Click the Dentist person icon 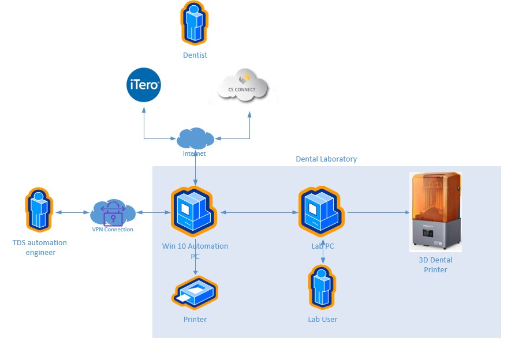click(x=195, y=24)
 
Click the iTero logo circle click(x=143, y=85)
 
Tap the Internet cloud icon click(x=195, y=138)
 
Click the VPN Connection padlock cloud click(x=113, y=213)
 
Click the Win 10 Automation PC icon click(x=196, y=211)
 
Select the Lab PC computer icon click(x=323, y=211)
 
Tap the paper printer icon click(x=195, y=293)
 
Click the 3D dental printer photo click(x=435, y=212)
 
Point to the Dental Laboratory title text click(x=326, y=159)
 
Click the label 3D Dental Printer click(x=435, y=265)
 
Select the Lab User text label click(x=322, y=319)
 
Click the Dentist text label click(x=195, y=55)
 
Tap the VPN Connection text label click(x=113, y=230)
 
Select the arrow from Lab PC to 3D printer click(x=378, y=212)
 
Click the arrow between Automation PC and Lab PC click(x=259, y=213)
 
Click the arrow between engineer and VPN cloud click(x=72, y=213)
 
